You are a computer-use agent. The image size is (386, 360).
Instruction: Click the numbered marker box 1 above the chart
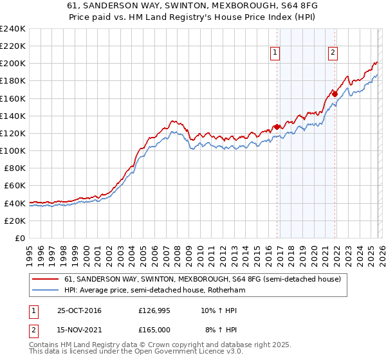(x=275, y=53)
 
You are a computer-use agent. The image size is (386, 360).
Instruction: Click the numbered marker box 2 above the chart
(x=333, y=53)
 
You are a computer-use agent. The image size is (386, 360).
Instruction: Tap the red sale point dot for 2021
(x=335, y=94)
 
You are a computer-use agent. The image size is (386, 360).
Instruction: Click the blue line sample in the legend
(x=46, y=291)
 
